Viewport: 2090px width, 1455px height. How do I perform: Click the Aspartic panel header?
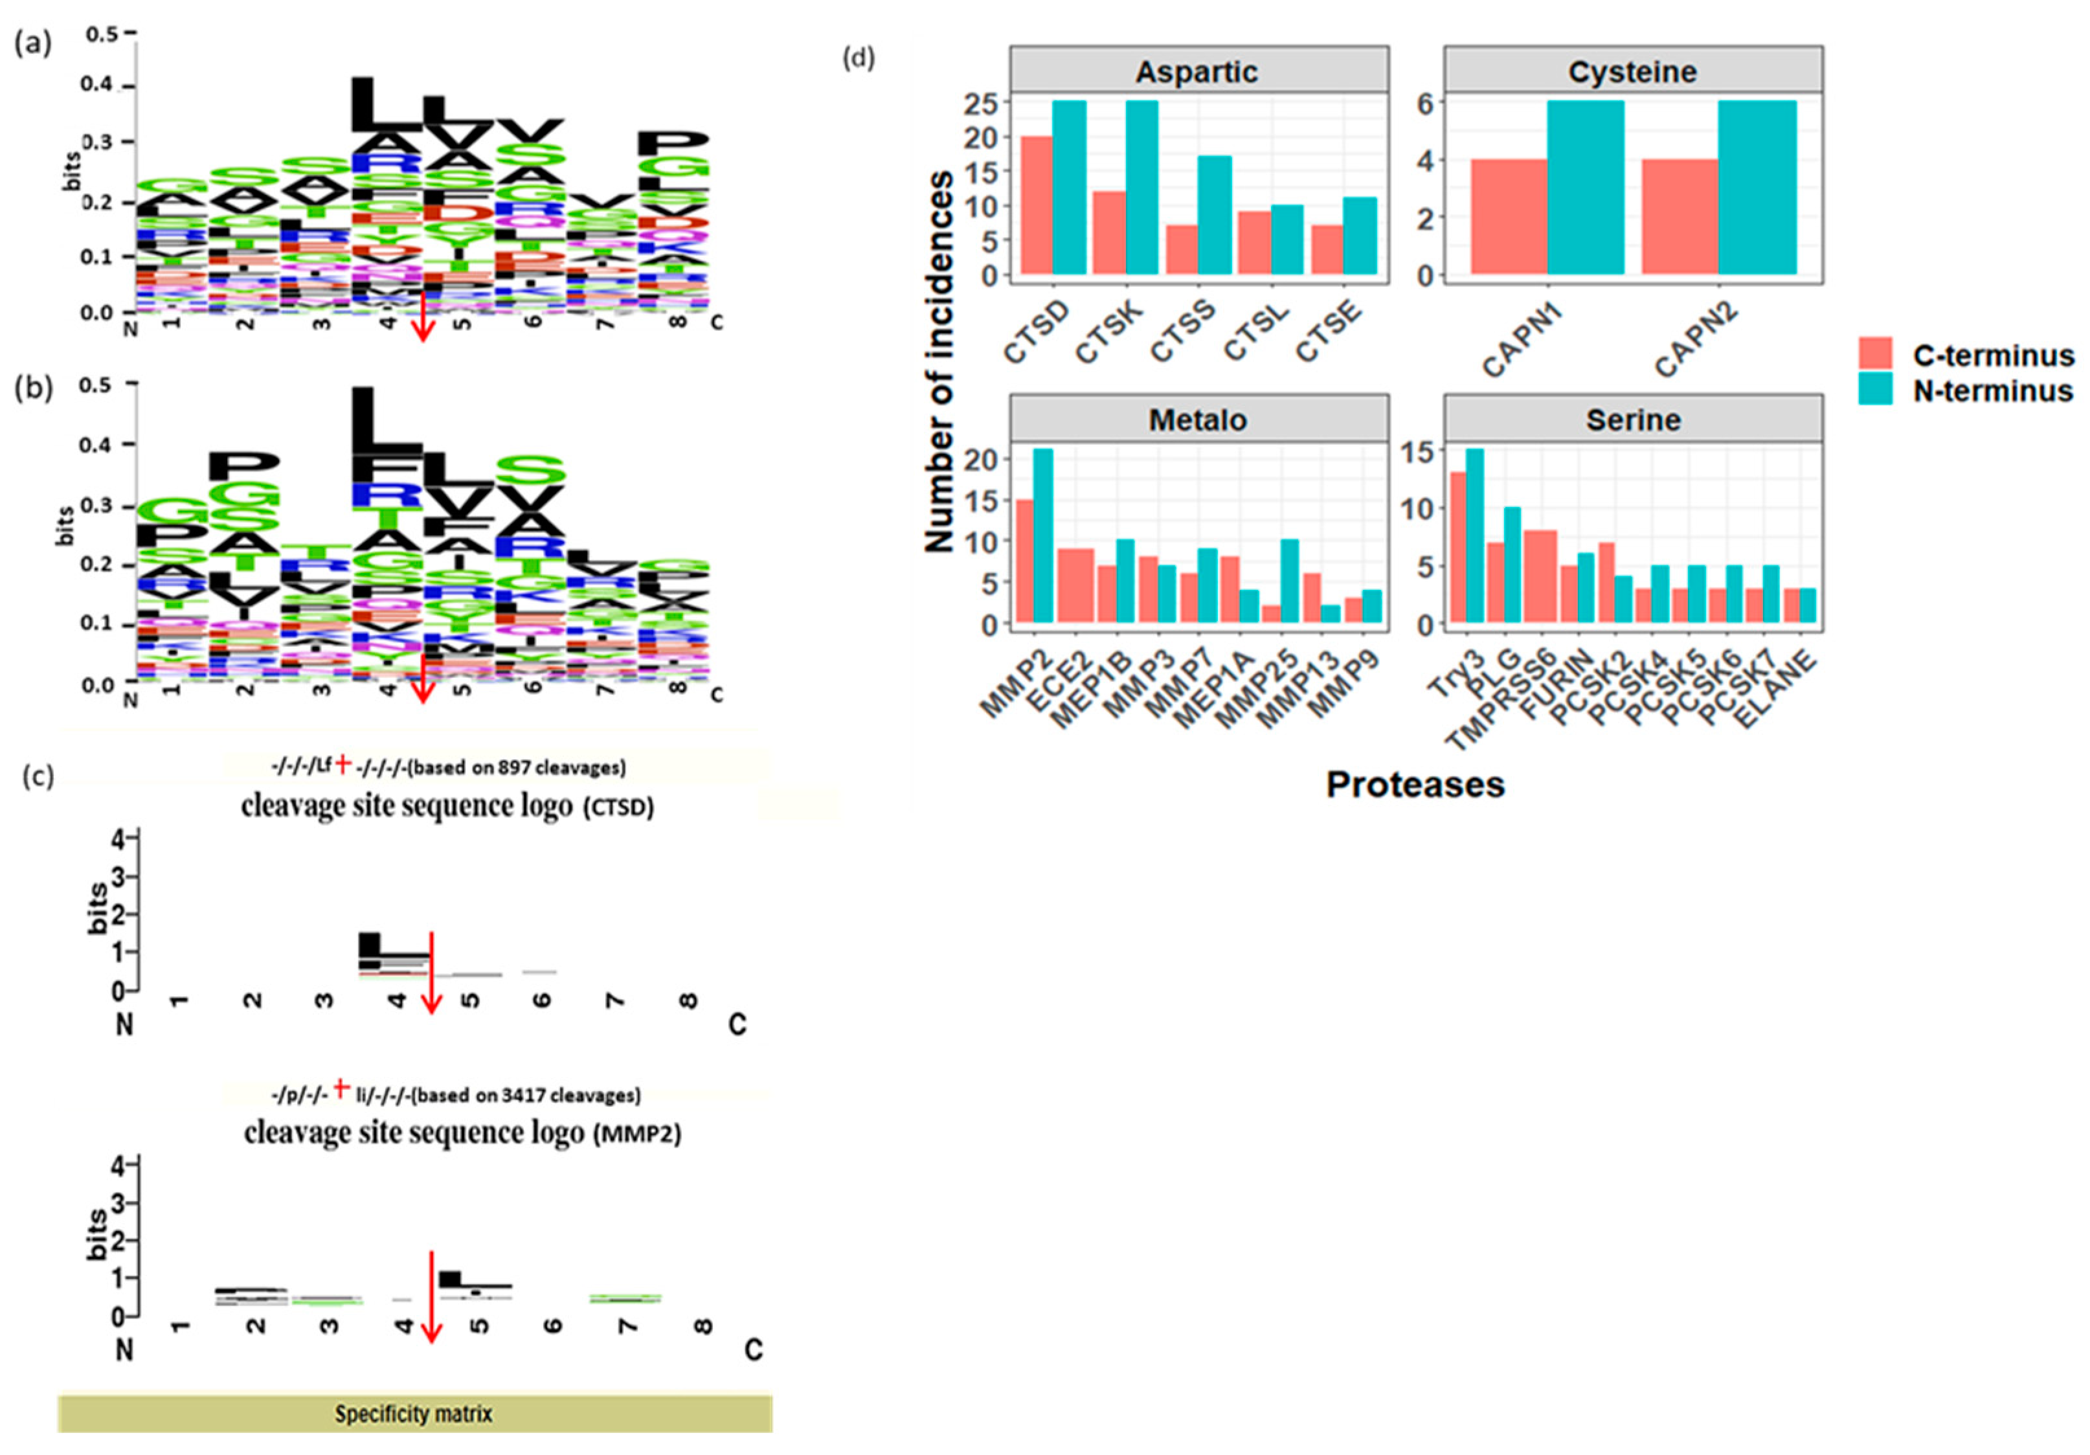[1197, 71]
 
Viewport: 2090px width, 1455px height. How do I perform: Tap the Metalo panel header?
[1197, 420]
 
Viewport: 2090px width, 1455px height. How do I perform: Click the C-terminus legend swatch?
[1874, 354]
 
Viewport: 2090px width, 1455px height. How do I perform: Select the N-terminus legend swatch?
[1874, 390]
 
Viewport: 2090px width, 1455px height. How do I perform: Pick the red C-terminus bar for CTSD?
[1037, 205]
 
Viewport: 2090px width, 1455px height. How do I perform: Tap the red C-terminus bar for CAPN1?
[1509, 217]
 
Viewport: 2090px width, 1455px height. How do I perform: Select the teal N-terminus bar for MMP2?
[1043, 536]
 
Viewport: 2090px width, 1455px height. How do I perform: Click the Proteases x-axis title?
[1415, 784]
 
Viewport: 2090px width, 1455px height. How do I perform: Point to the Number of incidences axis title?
[939, 361]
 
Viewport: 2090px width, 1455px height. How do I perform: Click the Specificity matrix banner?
[414, 1413]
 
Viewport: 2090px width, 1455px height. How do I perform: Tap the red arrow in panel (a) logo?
[421, 319]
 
